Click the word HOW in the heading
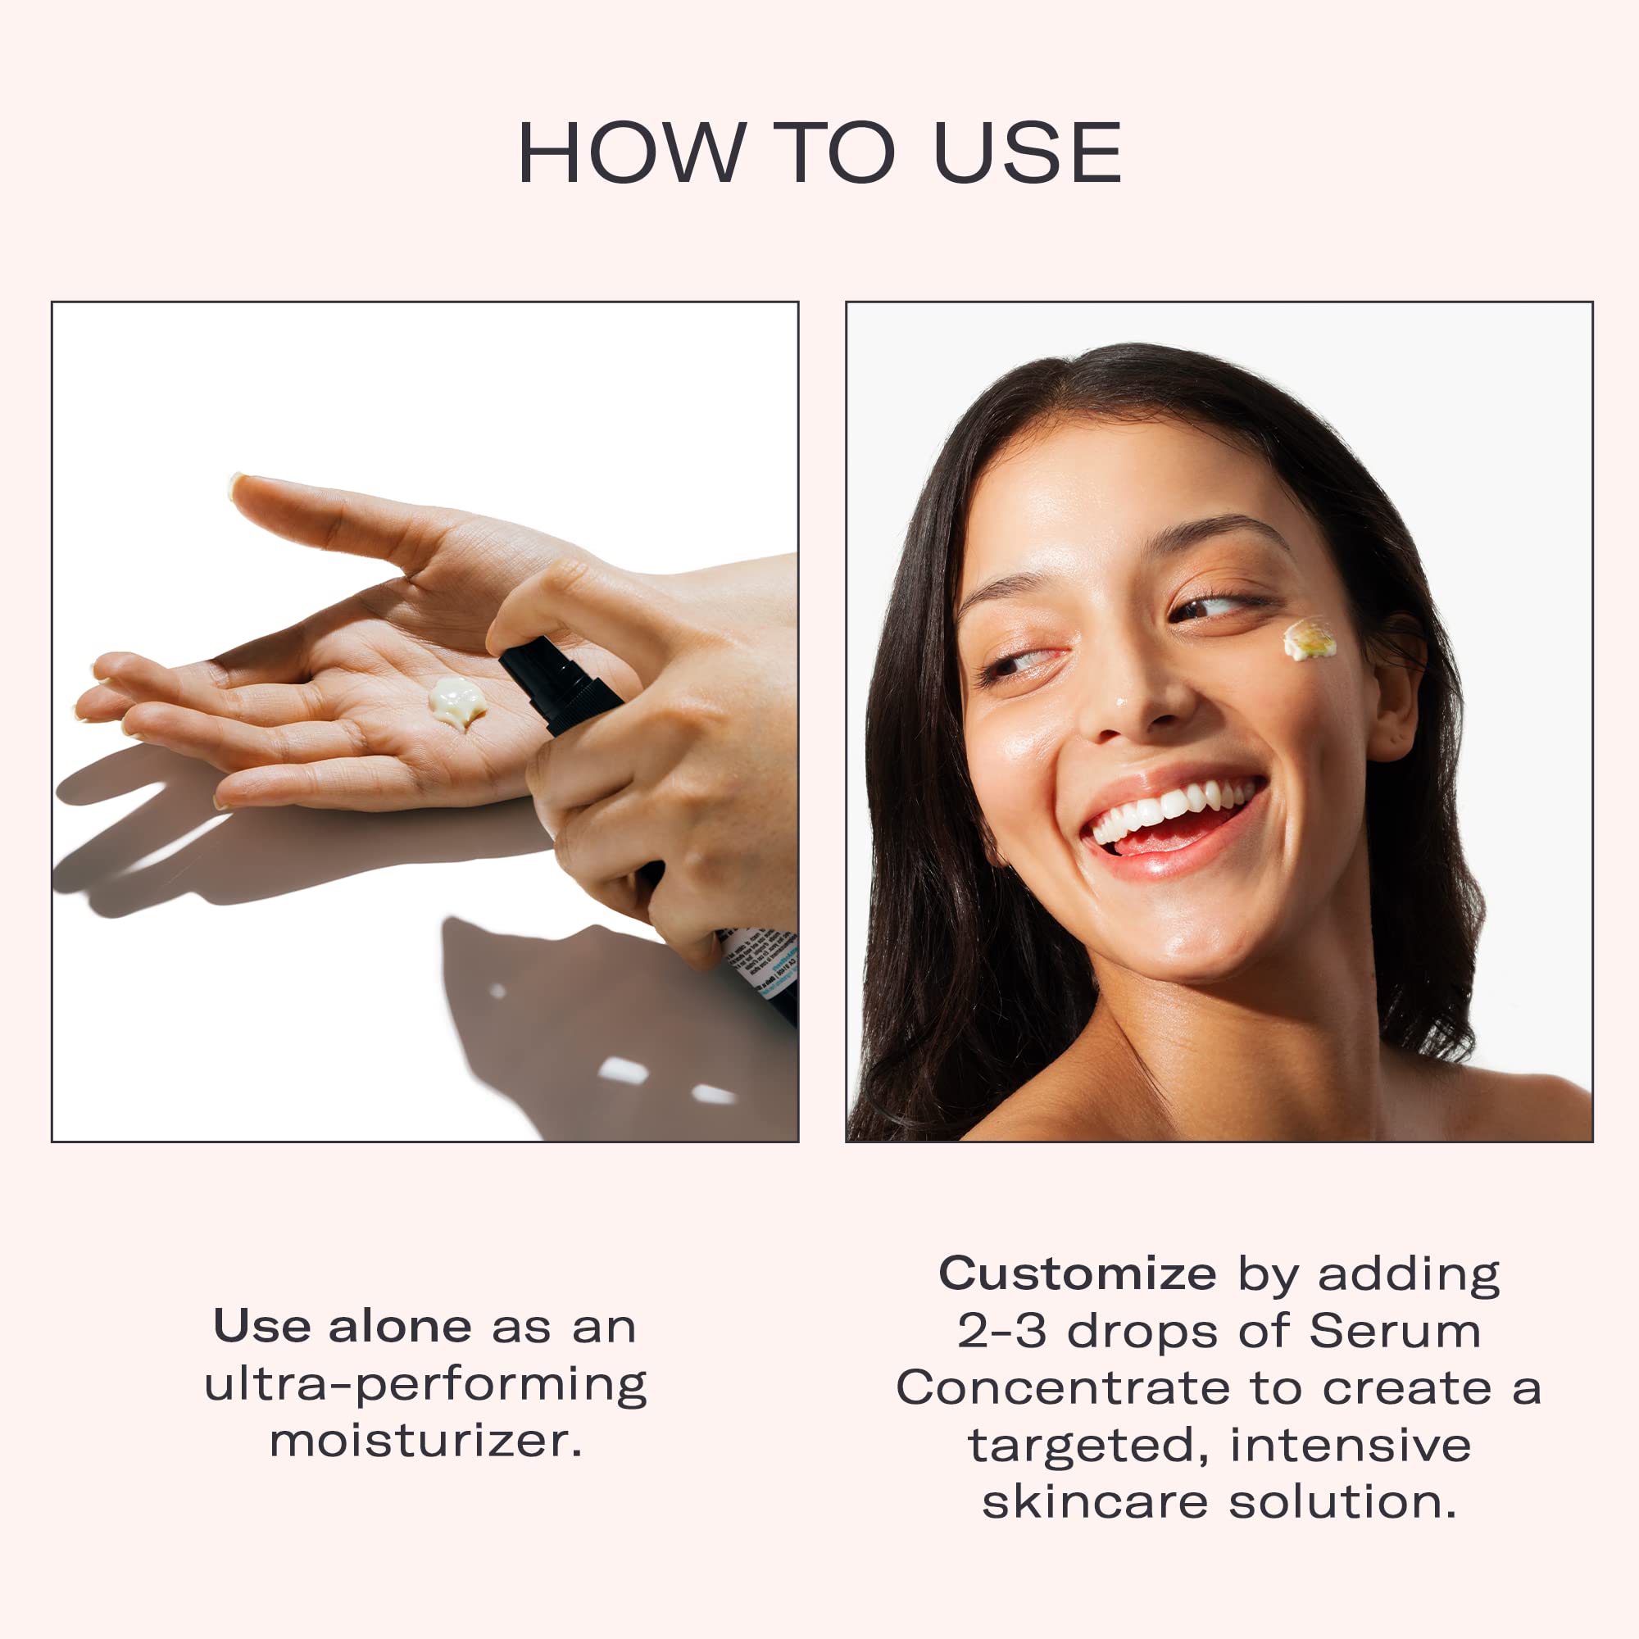[632, 152]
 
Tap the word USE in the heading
[1028, 152]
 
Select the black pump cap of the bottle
[560, 685]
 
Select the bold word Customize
[1078, 1274]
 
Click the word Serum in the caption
[1395, 1330]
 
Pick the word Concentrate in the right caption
[1062, 1388]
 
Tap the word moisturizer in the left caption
[426, 1441]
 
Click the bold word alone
[400, 1326]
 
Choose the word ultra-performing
[426, 1384]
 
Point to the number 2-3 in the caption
[1002, 1330]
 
